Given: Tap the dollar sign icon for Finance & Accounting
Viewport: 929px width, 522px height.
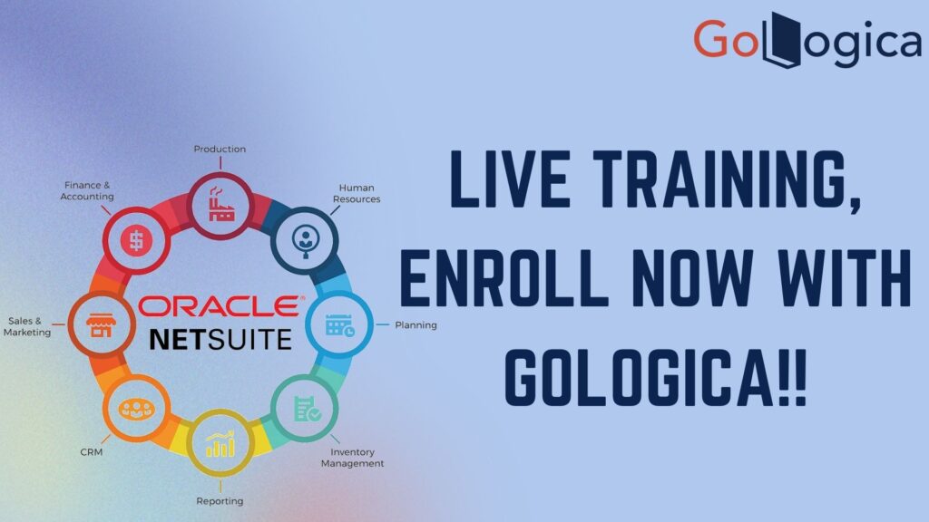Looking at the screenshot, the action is (x=136, y=241).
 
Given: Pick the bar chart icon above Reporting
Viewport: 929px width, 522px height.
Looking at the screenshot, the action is (x=220, y=444).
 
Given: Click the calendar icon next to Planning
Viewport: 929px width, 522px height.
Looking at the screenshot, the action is (x=339, y=325).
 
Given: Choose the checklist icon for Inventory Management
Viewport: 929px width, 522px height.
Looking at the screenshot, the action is (x=307, y=408).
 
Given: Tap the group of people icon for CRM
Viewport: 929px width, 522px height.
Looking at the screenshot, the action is (x=136, y=409).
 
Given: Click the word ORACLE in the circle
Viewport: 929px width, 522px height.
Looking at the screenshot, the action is (x=220, y=306).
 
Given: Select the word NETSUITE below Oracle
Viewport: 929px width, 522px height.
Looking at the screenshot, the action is (x=220, y=340).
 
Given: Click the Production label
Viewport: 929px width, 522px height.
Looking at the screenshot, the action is (x=220, y=150).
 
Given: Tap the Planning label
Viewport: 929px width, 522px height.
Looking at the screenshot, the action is (x=416, y=325).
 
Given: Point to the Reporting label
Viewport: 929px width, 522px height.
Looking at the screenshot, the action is (x=220, y=501).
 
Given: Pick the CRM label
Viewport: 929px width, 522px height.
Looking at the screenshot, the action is (x=92, y=452).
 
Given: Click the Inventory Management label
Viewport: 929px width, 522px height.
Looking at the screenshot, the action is (x=353, y=458).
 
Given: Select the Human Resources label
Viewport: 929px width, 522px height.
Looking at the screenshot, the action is (x=357, y=194).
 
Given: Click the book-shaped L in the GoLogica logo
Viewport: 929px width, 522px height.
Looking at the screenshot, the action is (x=781, y=40).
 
